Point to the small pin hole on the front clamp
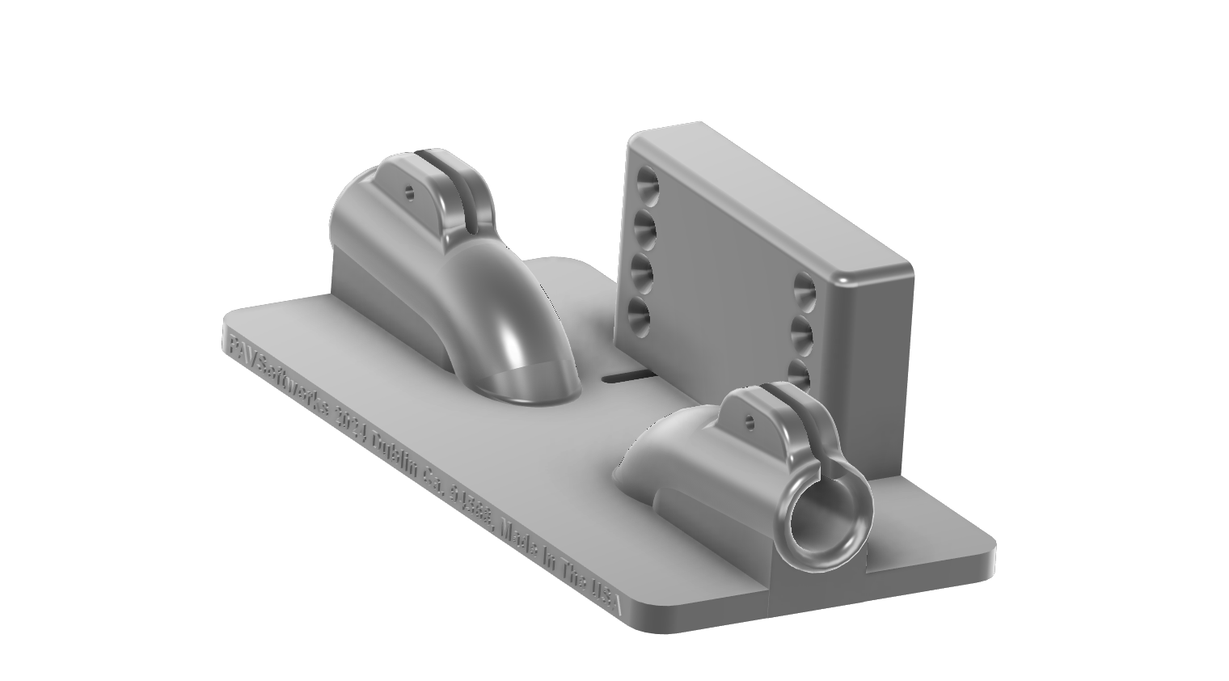[x=749, y=421]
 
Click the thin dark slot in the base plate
[x=631, y=376]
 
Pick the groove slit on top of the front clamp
[x=796, y=421]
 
